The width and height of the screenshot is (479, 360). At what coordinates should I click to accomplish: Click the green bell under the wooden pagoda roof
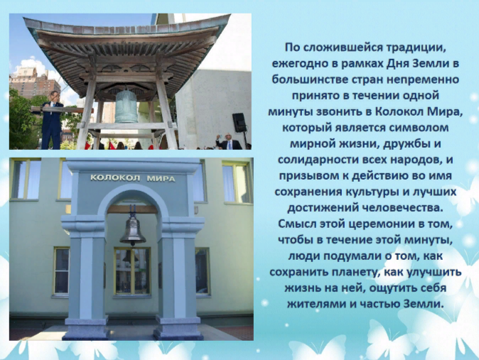pyautogui.click(x=127, y=106)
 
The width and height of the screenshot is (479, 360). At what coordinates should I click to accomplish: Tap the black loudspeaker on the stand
pyautogui.click(x=239, y=122)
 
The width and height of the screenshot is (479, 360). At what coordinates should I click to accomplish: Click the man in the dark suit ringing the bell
pyautogui.click(x=51, y=120)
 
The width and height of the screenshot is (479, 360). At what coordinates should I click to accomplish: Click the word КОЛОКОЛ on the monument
pyautogui.click(x=115, y=178)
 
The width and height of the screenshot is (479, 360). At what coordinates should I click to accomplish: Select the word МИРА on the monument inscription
pyautogui.click(x=161, y=178)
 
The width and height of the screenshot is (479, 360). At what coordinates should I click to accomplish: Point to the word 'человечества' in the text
pyautogui.click(x=402, y=208)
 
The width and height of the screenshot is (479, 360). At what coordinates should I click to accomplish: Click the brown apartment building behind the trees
pyautogui.click(x=35, y=82)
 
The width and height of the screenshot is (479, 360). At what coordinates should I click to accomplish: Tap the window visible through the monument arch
pyautogui.click(x=132, y=271)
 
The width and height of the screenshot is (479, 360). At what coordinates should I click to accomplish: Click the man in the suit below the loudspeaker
pyautogui.click(x=229, y=142)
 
